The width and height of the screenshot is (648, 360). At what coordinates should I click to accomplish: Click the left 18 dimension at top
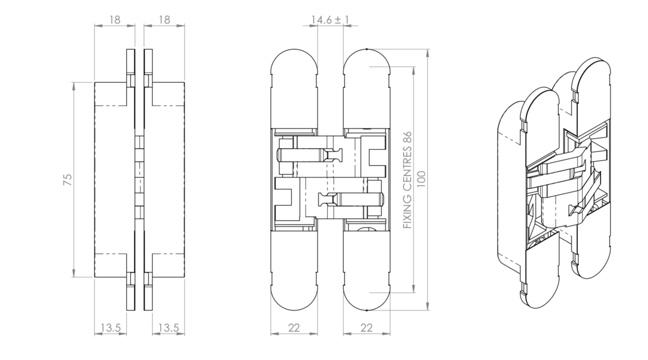(x=115, y=20)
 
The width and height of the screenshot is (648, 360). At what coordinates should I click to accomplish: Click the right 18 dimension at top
(x=164, y=20)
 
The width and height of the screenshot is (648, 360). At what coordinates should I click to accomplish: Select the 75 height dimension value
(x=67, y=180)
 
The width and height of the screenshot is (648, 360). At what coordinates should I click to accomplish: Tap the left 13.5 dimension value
(x=111, y=328)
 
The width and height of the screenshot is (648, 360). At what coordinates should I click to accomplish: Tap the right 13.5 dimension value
(x=169, y=328)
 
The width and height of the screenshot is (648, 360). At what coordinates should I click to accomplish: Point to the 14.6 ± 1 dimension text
(x=330, y=20)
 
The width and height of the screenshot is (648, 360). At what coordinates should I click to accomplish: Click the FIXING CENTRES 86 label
(x=407, y=180)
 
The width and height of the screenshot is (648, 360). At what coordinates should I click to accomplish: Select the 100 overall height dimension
(x=421, y=179)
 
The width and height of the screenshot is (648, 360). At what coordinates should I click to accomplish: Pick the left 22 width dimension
(x=294, y=328)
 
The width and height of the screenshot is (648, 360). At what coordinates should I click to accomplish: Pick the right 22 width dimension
(x=366, y=328)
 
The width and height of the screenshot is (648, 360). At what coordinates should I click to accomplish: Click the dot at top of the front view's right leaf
(x=366, y=49)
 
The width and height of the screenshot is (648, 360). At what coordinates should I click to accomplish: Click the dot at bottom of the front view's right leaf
(x=366, y=310)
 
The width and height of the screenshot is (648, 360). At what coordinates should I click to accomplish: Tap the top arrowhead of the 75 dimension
(x=74, y=86)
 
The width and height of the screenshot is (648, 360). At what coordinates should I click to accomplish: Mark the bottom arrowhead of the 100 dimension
(x=428, y=307)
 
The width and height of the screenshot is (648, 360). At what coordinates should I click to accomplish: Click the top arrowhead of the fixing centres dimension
(x=413, y=71)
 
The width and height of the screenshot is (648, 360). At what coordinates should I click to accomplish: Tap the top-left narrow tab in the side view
(x=131, y=62)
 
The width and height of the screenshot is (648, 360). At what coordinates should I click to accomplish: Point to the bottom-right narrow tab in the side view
(x=148, y=298)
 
